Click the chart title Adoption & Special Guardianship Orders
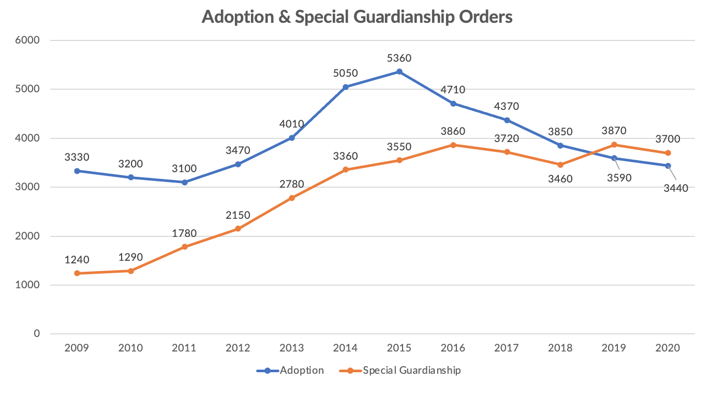pyautogui.click(x=357, y=17)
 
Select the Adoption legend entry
pyautogui.click(x=291, y=370)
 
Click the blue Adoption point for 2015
pyautogui.click(x=399, y=72)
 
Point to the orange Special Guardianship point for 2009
pyautogui.click(x=77, y=273)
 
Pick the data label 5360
pyautogui.click(x=399, y=58)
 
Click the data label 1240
pyautogui.click(x=77, y=260)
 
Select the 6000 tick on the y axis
pyautogui.click(x=30, y=40)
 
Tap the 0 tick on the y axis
pyautogui.click(x=37, y=334)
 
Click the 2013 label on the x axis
pyautogui.click(x=292, y=348)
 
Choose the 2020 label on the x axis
pyautogui.click(x=668, y=348)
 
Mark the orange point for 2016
pyautogui.click(x=453, y=145)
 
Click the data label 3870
pyautogui.click(x=614, y=131)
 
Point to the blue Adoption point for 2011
pyautogui.click(x=185, y=182)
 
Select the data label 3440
pyautogui.click(x=676, y=188)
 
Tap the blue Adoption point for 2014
pyautogui.click(x=346, y=87)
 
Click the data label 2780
pyautogui.click(x=292, y=185)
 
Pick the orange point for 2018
pyautogui.click(x=560, y=164)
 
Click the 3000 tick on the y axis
pyautogui.click(x=30, y=187)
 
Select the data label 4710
pyautogui.click(x=453, y=90)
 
